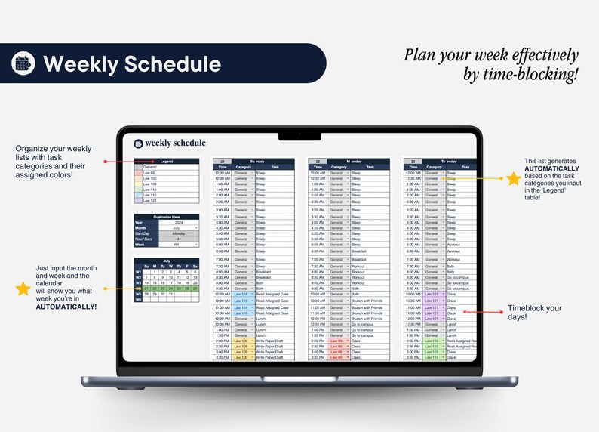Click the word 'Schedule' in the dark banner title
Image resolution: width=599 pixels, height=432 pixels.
[x=173, y=64]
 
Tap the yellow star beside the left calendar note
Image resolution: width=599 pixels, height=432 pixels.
[x=23, y=289]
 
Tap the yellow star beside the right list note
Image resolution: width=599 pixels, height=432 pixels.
[x=513, y=179]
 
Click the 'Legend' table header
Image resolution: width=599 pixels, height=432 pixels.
[x=166, y=161]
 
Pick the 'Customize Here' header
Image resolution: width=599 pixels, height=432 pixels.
[x=166, y=217]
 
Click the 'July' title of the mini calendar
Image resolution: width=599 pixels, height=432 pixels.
[x=166, y=260]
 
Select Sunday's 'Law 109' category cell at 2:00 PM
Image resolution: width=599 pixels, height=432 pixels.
[x=241, y=341]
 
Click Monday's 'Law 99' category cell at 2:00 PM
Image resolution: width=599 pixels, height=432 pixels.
[x=337, y=341]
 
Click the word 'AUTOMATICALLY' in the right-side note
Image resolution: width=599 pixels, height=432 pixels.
[x=553, y=168]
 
